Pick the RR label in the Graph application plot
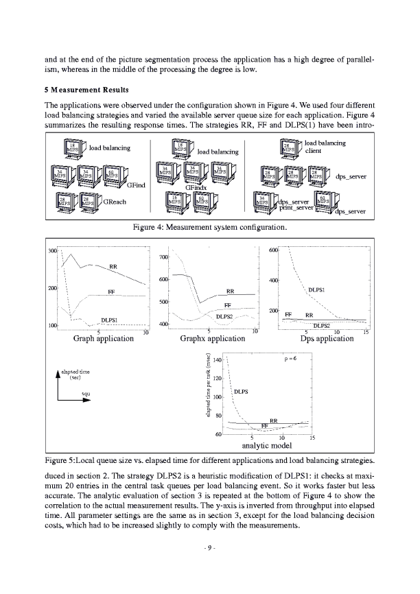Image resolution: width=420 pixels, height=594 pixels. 113,266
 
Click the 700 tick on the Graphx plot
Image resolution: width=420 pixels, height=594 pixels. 163,257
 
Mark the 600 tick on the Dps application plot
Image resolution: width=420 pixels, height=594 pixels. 273,250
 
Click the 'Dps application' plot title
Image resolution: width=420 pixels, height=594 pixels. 327,338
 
